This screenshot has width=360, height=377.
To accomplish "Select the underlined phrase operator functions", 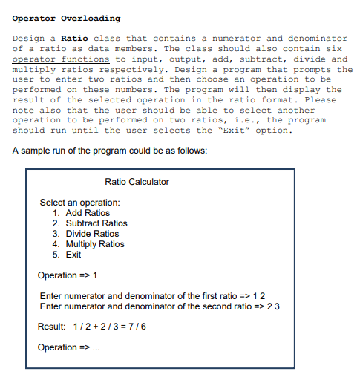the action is pyautogui.click(x=62, y=59).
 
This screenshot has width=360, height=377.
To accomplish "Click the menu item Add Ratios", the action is pyautogui.click(x=88, y=213).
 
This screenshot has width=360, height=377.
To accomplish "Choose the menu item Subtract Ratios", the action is pyautogui.click(x=96, y=223).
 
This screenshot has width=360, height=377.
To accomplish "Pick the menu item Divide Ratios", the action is pyautogui.click(x=92, y=234).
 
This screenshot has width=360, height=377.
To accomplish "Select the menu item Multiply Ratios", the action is pyautogui.click(x=95, y=244).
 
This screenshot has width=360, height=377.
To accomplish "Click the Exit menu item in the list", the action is pyautogui.click(x=73, y=255).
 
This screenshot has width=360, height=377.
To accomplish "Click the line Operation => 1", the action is pyautogui.click(x=68, y=275).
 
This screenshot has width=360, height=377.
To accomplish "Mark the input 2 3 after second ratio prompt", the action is pyautogui.click(x=273, y=306).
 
